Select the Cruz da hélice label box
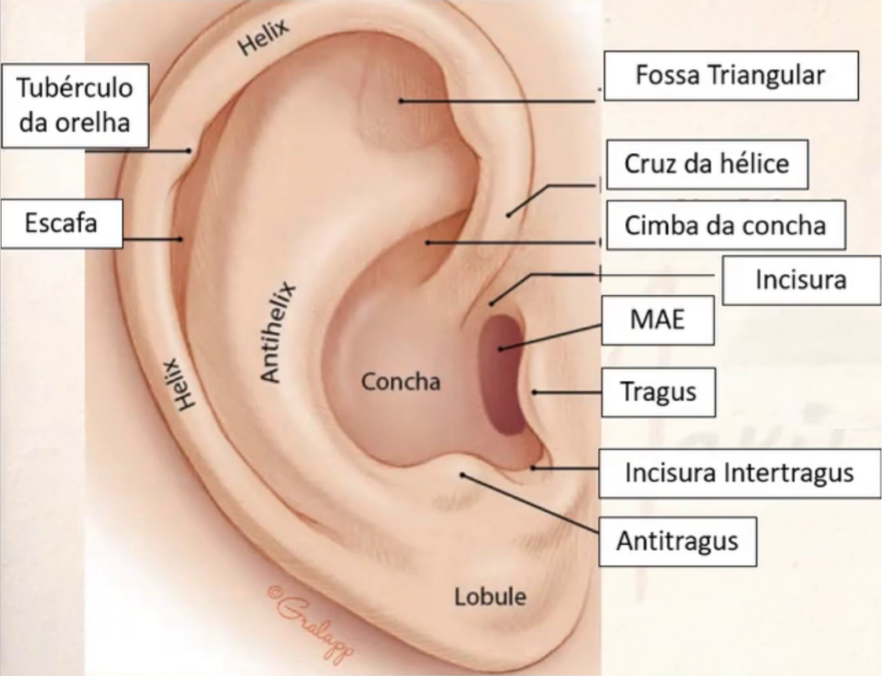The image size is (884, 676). click(x=707, y=164)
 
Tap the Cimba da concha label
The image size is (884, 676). click(x=724, y=225)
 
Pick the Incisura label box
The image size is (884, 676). click(x=801, y=279)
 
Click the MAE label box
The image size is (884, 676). click(x=658, y=320)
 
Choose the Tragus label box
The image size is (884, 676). click(x=658, y=392)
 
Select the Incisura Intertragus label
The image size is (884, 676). click(x=738, y=473)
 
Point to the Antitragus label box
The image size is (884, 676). click(x=676, y=540)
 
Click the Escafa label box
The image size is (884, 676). click(x=61, y=224)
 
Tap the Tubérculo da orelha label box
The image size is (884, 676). click(x=75, y=105)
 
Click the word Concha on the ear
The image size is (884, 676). click(x=400, y=382)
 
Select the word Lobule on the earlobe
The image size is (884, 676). click(x=490, y=597)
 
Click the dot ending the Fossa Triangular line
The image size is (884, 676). click(x=402, y=101)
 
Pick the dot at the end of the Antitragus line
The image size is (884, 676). click(x=462, y=476)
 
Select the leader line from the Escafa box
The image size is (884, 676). click(x=152, y=238)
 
